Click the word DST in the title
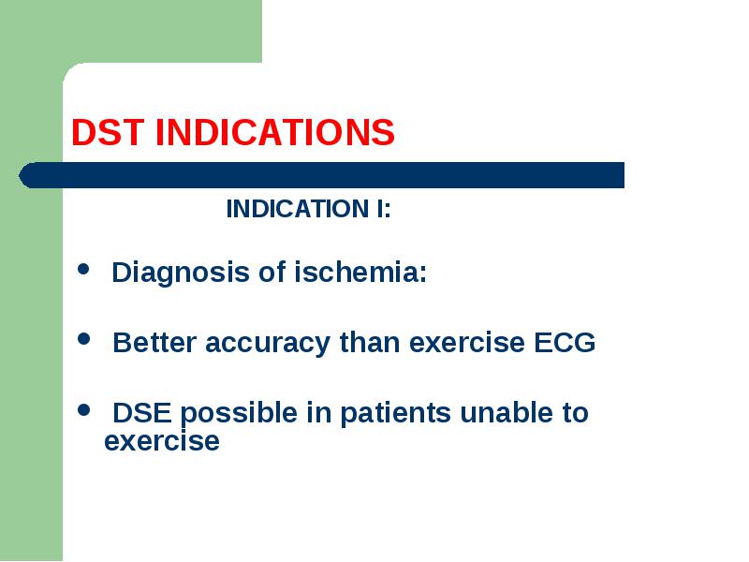[108, 132]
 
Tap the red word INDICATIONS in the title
[275, 132]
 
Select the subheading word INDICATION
[298, 209]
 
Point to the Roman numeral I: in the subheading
[383, 209]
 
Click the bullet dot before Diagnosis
[83, 269]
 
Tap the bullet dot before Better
[83, 339]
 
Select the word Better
[154, 343]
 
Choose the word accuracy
[268, 344]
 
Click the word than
[370, 343]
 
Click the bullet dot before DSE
[83, 409]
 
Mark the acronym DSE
[142, 413]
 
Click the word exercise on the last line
[162, 441]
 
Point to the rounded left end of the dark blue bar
[20, 175]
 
